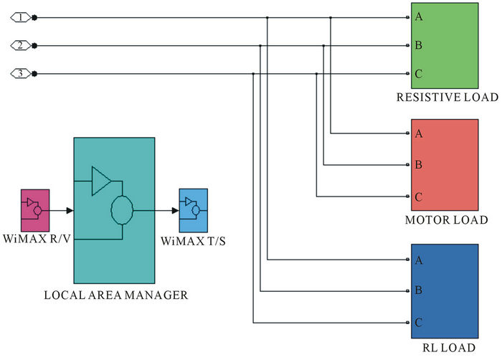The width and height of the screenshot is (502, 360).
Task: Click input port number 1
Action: click(x=23, y=17)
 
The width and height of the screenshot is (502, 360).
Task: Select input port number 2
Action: click(x=23, y=45)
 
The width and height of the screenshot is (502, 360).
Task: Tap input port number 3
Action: click(x=23, y=73)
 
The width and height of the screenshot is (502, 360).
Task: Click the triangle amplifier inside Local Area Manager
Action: click(x=100, y=181)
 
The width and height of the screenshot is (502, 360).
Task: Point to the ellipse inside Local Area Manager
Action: click(x=122, y=211)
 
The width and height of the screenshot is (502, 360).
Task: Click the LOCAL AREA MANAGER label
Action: click(x=115, y=295)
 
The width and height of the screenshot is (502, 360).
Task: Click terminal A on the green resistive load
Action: click(x=417, y=17)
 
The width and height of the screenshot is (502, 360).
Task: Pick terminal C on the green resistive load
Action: click(x=417, y=73)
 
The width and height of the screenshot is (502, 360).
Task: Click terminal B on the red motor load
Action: click(x=417, y=165)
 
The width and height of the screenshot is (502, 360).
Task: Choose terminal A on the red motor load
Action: click(x=417, y=133)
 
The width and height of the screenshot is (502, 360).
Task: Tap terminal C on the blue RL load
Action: click(x=417, y=323)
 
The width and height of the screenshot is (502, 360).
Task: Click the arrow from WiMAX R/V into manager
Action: click(x=67, y=211)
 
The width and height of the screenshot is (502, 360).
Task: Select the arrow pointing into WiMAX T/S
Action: click(x=174, y=211)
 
